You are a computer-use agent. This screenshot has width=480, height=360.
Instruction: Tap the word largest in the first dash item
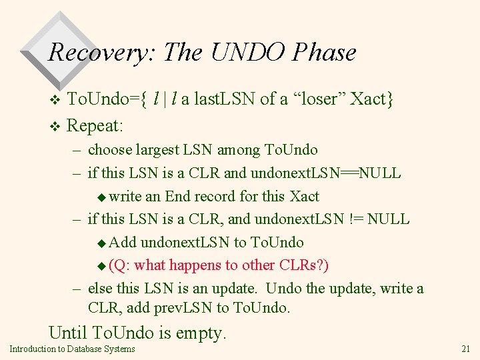pyautogui.click(x=159, y=151)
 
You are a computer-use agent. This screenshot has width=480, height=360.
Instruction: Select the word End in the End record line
pyautogui.click(x=178, y=197)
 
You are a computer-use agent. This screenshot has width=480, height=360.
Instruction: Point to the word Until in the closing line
pyautogui.click(x=68, y=331)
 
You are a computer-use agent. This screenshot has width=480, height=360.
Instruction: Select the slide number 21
pyautogui.click(x=465, y=349)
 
